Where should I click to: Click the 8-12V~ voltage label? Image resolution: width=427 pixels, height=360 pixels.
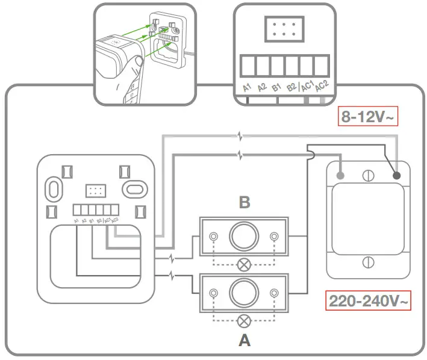pos(367,117)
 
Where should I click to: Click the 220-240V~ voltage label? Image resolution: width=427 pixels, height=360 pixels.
pos(369,300)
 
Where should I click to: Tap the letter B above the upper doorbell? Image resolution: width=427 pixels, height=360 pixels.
pos(244,202)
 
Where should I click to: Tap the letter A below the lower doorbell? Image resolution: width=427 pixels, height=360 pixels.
pos(244,341)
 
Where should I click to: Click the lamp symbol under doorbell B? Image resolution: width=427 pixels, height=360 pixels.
pos(244,263)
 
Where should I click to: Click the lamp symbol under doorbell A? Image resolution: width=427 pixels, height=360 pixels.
pos(244,320)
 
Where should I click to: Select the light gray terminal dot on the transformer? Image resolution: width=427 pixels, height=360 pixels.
pos(341,176)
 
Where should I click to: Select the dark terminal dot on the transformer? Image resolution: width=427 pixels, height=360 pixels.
pos(397,176)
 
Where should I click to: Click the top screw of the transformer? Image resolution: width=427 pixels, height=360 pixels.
pos(369,176)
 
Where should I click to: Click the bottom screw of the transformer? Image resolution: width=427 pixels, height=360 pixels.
pos(369,263)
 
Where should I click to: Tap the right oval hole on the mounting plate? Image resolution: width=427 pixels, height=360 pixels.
pos(132,189)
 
